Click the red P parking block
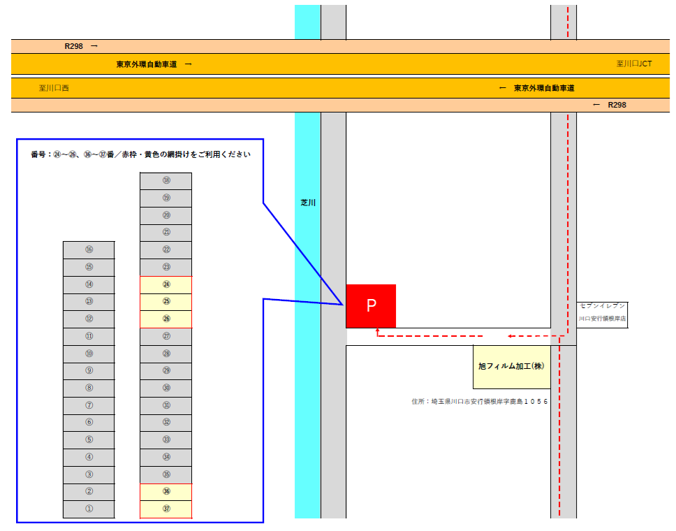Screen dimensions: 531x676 coord(371,306)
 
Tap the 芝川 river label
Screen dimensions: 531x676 coord(308,203)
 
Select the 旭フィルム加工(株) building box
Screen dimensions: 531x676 coord(511,366)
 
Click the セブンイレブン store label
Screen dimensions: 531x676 coord(602,305)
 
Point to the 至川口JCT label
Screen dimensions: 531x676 coord(634,64)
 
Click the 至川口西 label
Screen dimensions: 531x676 coord(54,88)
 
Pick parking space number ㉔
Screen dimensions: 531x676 coord(166,285)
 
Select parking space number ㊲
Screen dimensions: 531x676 coord(166,509)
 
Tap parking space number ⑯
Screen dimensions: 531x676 coord(89,250)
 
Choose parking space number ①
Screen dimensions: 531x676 coord(89,509)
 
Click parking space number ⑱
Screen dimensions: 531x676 coord(166,181)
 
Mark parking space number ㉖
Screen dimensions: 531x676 coord(166,319)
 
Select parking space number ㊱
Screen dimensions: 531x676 coord(166,492)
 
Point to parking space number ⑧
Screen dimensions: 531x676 coord(89,388)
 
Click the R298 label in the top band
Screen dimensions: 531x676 coord(73,46)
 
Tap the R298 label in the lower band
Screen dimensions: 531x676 coord(617,105)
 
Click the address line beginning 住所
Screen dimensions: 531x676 coord(480,402)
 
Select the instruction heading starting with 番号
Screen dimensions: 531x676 coord(140,154)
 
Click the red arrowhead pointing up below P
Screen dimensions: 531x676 coord(377,330)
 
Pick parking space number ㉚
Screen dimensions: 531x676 coord(166,388)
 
